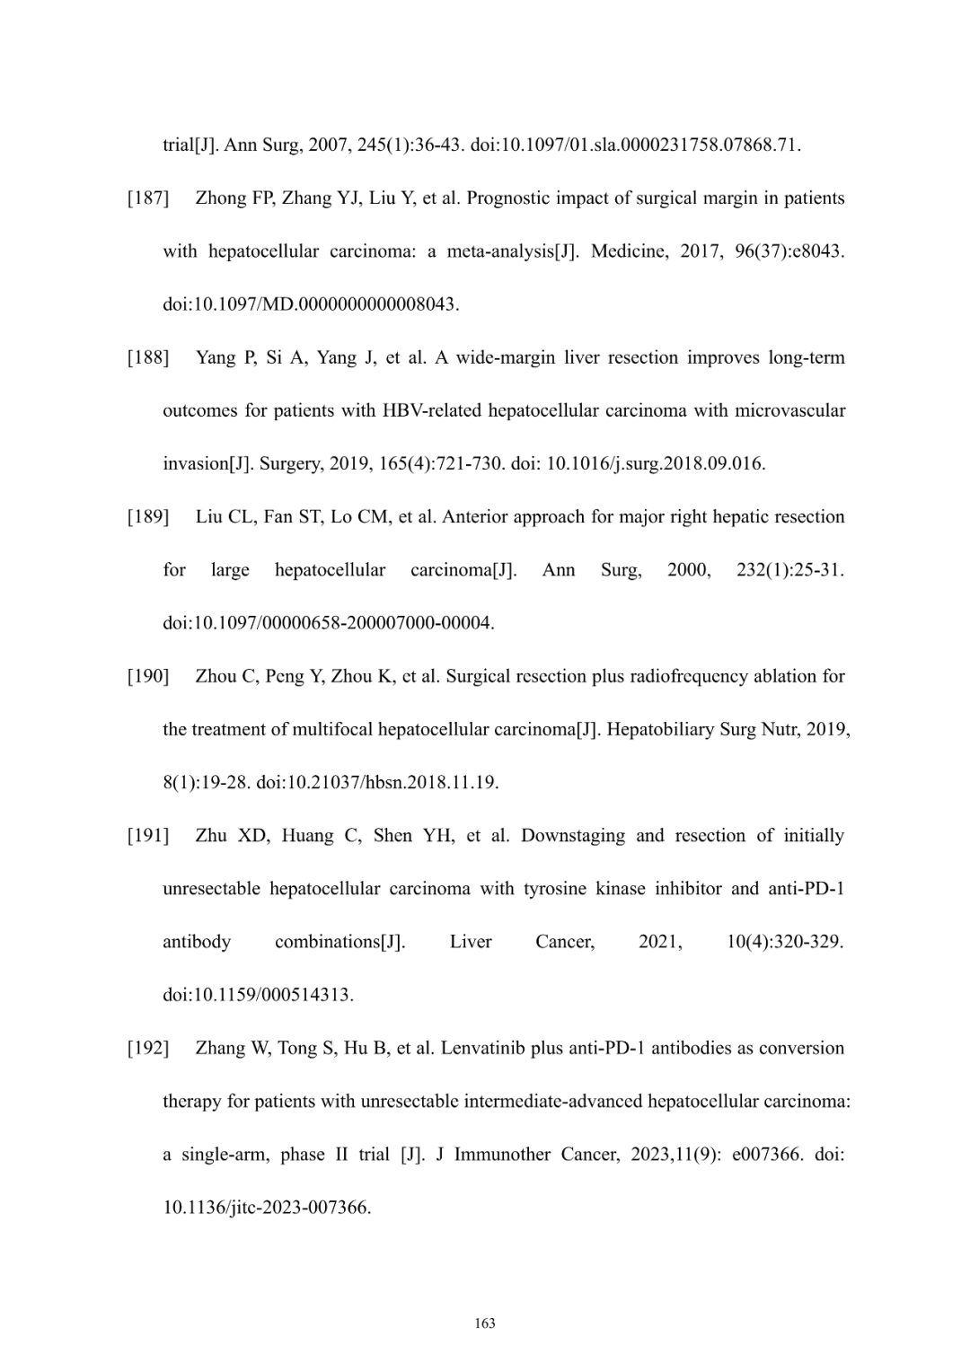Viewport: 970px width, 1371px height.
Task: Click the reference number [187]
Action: click(148, 198)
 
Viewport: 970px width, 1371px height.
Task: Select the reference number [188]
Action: click(148, 358)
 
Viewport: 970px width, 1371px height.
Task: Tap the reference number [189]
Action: click(148, 517)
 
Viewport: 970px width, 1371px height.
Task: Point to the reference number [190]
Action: click(148, 676)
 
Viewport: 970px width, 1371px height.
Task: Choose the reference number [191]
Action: click(148, 836)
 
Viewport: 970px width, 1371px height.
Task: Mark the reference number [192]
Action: click(148, 1049)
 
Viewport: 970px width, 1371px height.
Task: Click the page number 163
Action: click(485, 1323)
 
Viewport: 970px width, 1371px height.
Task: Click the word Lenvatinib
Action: click(482, 1049)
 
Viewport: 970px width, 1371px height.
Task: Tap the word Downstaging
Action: click(573, 836)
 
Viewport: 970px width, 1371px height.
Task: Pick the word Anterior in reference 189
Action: click(476, 517)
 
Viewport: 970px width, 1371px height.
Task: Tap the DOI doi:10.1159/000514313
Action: click(258, 995)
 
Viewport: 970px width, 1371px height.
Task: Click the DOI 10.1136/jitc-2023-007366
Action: click(266, 1208)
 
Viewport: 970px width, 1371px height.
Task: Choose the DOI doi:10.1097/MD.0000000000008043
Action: click(311, 304)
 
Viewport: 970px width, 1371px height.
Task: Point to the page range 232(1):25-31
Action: click(789, 570)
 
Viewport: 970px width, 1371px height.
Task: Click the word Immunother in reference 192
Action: click(503, 1155)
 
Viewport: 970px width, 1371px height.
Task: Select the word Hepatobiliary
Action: click(661, 730)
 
